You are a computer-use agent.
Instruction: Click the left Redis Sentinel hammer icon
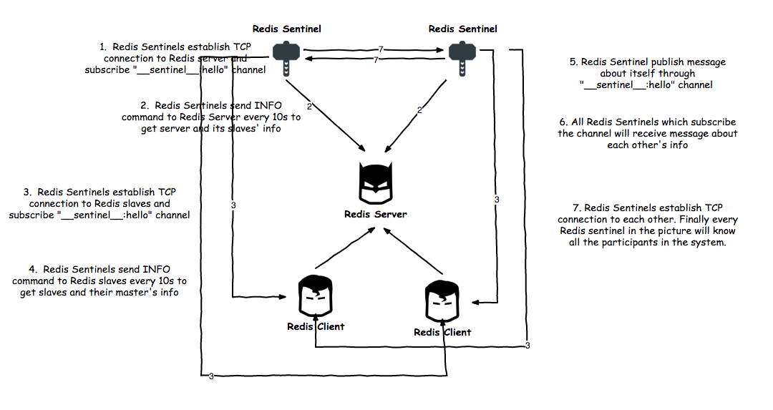pos(286,58)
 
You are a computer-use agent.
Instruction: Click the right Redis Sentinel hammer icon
pos(462,58)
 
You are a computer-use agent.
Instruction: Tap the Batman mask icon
pos(376,182)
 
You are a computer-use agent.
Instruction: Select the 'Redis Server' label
pos(376,214)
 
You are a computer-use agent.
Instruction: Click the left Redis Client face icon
pos(316,296)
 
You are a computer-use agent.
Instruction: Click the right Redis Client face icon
pos(442,301)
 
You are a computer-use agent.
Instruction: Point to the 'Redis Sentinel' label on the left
pos(286,29)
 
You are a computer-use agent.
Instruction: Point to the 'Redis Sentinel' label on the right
pos(462,29)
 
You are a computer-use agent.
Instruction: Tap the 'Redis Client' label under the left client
pos(316,327)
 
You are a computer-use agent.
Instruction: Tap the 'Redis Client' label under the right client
pos(442,333)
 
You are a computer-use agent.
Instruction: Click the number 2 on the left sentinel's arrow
pos(309,107)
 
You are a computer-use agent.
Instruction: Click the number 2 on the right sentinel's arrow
pos(419,109)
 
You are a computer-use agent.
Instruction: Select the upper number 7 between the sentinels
pos(381,49)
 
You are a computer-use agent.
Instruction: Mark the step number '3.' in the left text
pos(27,192)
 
